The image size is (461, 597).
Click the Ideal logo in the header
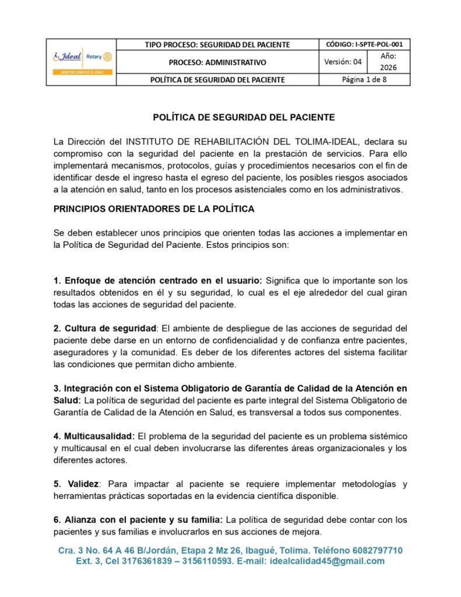click(x=68, y=57)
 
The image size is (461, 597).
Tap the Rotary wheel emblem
click(x=107, y=57)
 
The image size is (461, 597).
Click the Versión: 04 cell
click(x=343, y=62)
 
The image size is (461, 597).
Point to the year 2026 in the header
click(x=388, y=68)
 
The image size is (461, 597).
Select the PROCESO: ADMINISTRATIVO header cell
click(x=217, y=62)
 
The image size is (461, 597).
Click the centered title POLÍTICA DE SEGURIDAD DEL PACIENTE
click(x=244, y=117)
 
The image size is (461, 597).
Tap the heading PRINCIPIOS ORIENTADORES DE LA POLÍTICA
click(x=154, y=208)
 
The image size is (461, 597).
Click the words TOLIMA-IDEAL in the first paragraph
click(x=332, y=142)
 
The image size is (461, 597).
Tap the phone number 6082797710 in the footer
click(x=375, y=550)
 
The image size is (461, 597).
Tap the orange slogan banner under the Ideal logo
click(x=81, y=72)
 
